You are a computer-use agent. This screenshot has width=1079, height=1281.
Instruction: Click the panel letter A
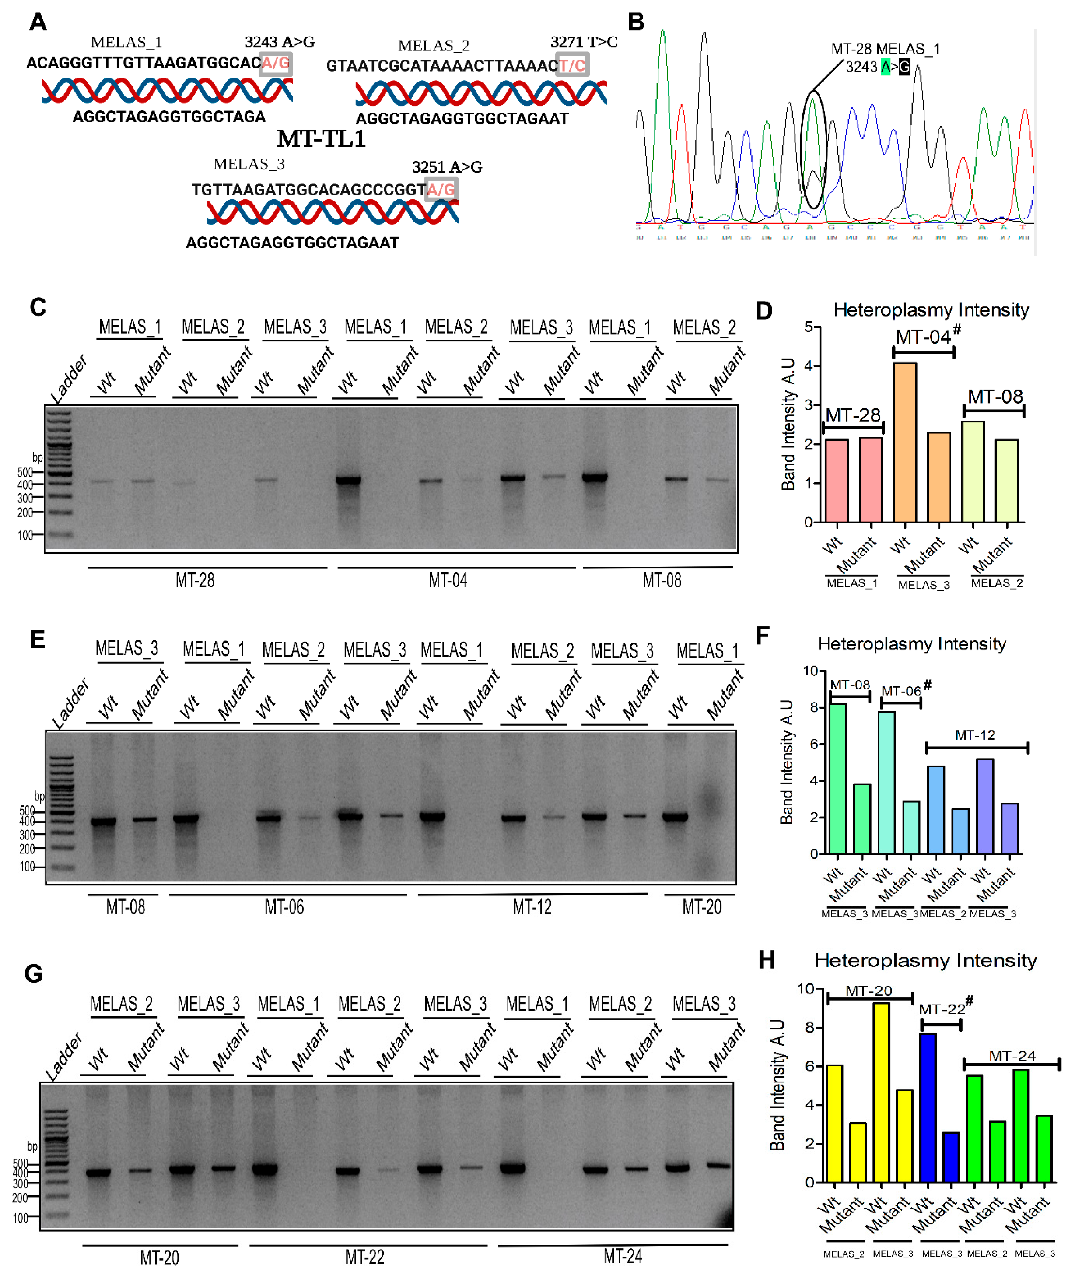coord(38,22)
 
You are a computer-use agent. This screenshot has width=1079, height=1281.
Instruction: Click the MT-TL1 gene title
coord(321,139)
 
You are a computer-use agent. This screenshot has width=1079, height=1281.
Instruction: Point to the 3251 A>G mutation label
coord(447,167)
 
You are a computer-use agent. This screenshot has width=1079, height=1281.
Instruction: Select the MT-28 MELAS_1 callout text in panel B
coord(885,49)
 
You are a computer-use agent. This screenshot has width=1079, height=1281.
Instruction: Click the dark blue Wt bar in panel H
coord(928,1107)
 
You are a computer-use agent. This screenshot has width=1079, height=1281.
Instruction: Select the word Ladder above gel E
coord(70,703)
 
